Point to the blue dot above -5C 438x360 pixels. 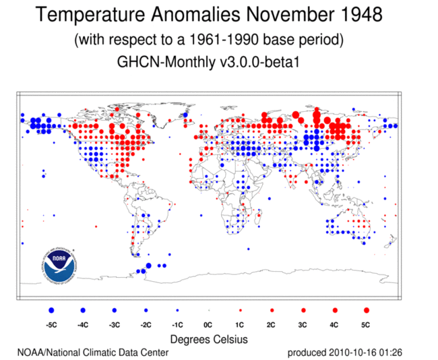[51, 310]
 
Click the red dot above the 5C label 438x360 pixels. [366, 310]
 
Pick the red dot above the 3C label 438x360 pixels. [303, 310]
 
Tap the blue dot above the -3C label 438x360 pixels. [115, 310]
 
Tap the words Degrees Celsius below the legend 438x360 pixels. [209, 338]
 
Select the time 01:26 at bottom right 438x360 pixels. [392, 353]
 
